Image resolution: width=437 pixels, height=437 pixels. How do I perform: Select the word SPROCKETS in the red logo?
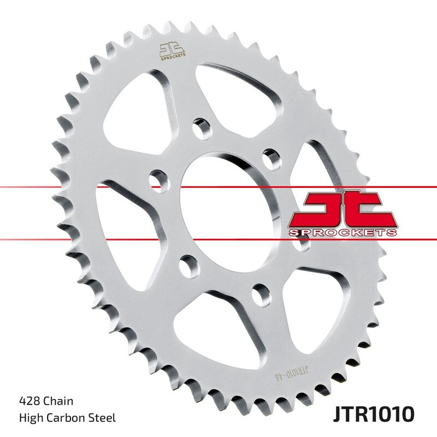click(342, 233)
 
